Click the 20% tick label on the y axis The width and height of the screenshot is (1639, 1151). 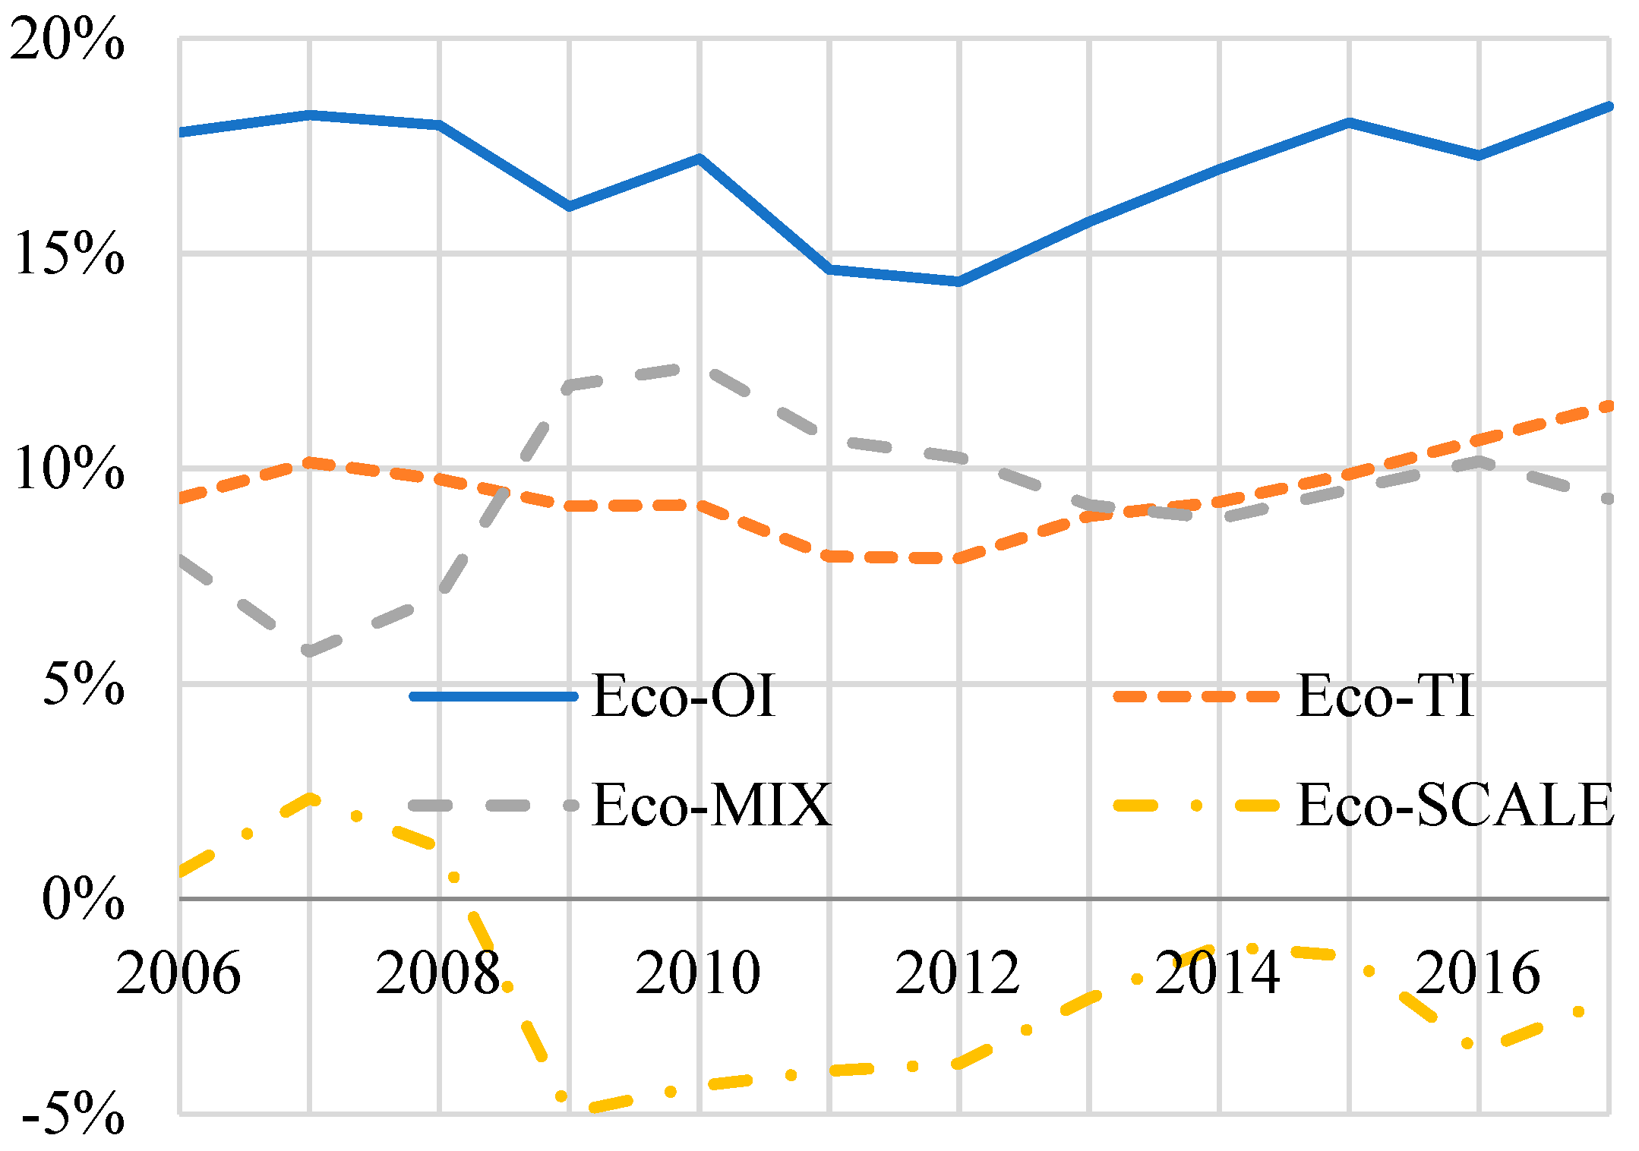(x=67, y=39)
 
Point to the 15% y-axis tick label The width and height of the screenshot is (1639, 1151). (x=69, y=254)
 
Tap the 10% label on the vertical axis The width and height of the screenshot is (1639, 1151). (x=69, y=468)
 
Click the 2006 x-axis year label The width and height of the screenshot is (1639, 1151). (x=178, y=973)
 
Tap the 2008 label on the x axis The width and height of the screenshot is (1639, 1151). (x=438, y=973)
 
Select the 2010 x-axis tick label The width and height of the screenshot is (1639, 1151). (x=698, y=973)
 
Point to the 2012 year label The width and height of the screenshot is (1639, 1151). (x=958, y=973)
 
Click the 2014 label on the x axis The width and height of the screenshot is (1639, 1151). (x=1217, y=973)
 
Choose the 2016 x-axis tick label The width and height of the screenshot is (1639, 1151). (x=1478, y=973)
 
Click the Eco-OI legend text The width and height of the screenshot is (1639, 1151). (x=684, y=695)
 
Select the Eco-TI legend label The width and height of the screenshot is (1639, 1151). (x=1385, y=695)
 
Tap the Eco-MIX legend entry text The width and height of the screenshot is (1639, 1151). (x=712, y=805)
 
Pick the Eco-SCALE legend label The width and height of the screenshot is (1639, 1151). (x=1455, y=805)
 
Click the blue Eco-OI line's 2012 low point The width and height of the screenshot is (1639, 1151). (x=958, y=282)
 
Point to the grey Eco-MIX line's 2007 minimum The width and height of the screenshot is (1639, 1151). (x=309, y=651)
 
